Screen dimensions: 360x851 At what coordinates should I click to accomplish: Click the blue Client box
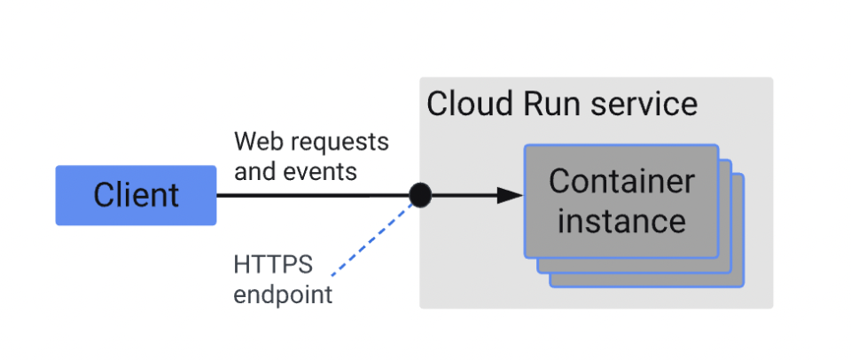coord(136,195)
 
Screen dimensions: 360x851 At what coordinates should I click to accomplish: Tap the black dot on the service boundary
coord(420,195)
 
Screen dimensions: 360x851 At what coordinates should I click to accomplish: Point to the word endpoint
coord(283,293)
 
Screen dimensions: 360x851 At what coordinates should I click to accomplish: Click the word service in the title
coord(642,104)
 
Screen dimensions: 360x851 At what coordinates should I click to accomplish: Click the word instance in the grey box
coord(621,220)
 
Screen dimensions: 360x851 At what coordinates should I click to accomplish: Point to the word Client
coord(136,195)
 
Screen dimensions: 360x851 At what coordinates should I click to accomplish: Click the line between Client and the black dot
coord(310,195)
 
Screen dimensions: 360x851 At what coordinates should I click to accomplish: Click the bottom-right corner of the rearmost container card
coord(743,286)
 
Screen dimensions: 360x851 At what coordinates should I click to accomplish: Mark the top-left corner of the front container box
coord(526,145)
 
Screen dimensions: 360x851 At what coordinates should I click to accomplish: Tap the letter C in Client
coord(104,195)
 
